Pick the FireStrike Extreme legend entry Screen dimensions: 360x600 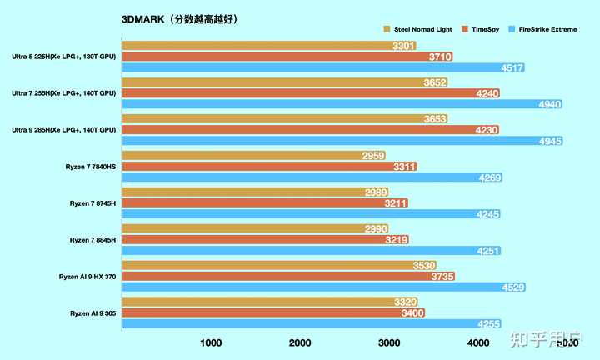pos(551,28)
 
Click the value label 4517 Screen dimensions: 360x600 pos(512,68)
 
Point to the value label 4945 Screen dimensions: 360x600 pos(551,142)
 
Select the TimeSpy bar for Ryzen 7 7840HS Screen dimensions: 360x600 pos(267,167)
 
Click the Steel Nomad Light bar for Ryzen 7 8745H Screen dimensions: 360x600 pos(250,192)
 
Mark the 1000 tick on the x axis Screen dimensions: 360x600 pos(211,342)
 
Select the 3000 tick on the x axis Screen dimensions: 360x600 pos(388,342)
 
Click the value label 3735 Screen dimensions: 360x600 pos(442,277)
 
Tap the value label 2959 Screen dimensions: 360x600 pos(373,156)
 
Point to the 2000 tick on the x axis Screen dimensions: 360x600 pos(300,342)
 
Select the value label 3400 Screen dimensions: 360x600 pos(412,313)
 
